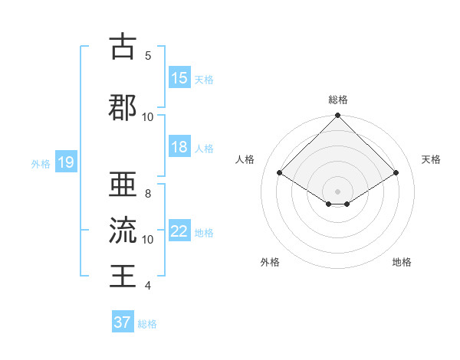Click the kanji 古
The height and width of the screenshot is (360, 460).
(x=123, y=47)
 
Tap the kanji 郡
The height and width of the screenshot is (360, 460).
(x=123, y=107)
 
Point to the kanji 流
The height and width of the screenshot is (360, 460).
(x=123, y=230)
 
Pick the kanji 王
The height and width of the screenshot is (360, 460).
(x=123, y=274)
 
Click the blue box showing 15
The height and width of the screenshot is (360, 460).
(x=179, y=78)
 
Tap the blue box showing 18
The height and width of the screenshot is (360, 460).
(x=179, y=147)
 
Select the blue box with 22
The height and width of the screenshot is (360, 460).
(x=179, y=231)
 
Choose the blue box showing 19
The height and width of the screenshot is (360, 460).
(x=65, y=162)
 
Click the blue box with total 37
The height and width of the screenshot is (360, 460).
(x=123, y=322)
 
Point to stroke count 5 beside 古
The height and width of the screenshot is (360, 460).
(x=148, y=56)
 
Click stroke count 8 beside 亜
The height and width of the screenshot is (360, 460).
(x=148, y=194)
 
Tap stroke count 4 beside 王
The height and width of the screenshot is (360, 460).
(x=148, y=286)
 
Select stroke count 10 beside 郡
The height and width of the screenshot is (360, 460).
(x=148, y=116)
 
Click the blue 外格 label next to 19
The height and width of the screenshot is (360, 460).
(x=40, y=163)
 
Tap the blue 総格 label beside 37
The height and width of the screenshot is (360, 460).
(x=147, y=324)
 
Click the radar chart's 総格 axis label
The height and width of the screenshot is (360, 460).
(x=338, y=100)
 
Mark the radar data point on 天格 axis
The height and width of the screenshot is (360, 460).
(x=396, y=173)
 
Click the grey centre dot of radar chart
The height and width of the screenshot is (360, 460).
(x=338, y=190)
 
